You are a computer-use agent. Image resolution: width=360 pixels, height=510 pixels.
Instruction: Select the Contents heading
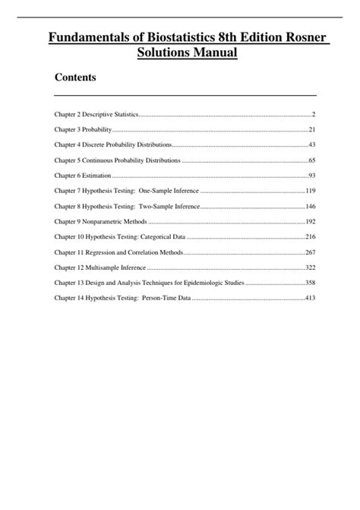(x=75, y=78)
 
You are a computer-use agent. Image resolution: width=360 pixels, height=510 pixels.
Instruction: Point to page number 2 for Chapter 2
(x=313, y=114)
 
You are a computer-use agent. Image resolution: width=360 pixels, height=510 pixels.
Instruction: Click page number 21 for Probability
(x=311, y=130)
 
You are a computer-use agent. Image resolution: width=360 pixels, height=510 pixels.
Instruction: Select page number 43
(x=311, y=145)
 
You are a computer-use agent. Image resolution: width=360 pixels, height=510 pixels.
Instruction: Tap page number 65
(x=311, y=160)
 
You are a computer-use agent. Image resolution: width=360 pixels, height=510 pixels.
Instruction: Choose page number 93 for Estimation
(x=311, y=176)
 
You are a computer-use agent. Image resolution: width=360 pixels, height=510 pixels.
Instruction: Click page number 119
(x=310, y=191)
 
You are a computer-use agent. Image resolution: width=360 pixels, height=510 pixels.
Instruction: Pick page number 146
(x=310, y=207)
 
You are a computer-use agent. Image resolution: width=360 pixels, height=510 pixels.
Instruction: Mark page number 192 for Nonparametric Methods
(x=310, y=222)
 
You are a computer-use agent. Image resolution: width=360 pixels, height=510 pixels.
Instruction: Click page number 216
(x=310, y=237)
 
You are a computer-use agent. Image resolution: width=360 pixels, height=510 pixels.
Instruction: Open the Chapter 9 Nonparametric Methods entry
(x=99, y=222)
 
